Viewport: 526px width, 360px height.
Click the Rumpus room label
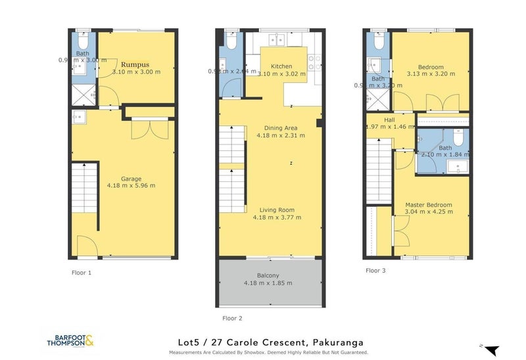click(x=136, y=64)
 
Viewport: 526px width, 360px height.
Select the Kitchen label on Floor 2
click(x=281, y=66)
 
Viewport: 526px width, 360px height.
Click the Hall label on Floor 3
click(x=390, y=120)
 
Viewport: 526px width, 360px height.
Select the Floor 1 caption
click(x=82, y=271)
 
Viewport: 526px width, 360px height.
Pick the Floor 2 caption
click(x=233, y=318)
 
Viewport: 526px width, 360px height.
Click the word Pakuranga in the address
click(x=335, y=342)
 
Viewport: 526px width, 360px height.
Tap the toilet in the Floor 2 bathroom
click(x=229, y=41)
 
